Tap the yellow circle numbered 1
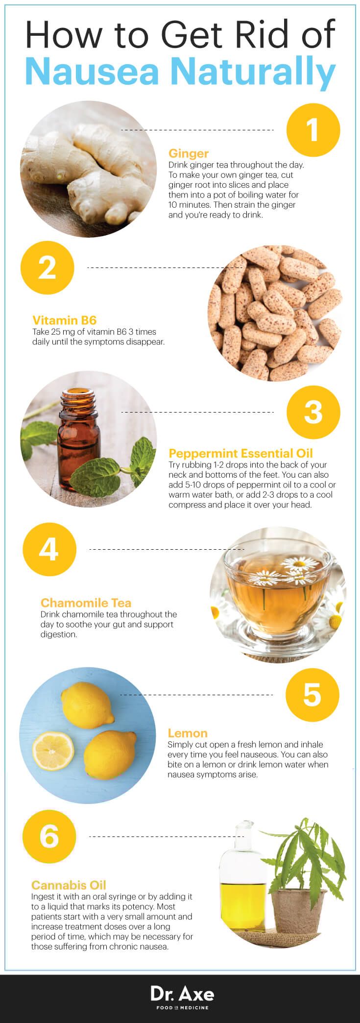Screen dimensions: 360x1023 pos(313,129)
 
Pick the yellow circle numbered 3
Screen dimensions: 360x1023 pos(313,412)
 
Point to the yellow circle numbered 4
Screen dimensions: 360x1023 pos(49,549)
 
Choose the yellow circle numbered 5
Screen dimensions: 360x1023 pos(312,695)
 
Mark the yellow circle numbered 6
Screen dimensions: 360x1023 pos(49,836)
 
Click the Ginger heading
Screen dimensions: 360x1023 pos(189,154)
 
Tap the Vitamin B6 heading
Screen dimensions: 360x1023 pos(64,320)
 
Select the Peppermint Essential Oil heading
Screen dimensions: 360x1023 pos(240,453)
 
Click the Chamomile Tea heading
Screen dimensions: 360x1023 pos(86,603)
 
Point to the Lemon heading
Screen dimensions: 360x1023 pos(188,733)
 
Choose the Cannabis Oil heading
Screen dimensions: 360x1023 pos(69,885)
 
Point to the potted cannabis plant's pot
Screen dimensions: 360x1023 pos(295,901)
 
